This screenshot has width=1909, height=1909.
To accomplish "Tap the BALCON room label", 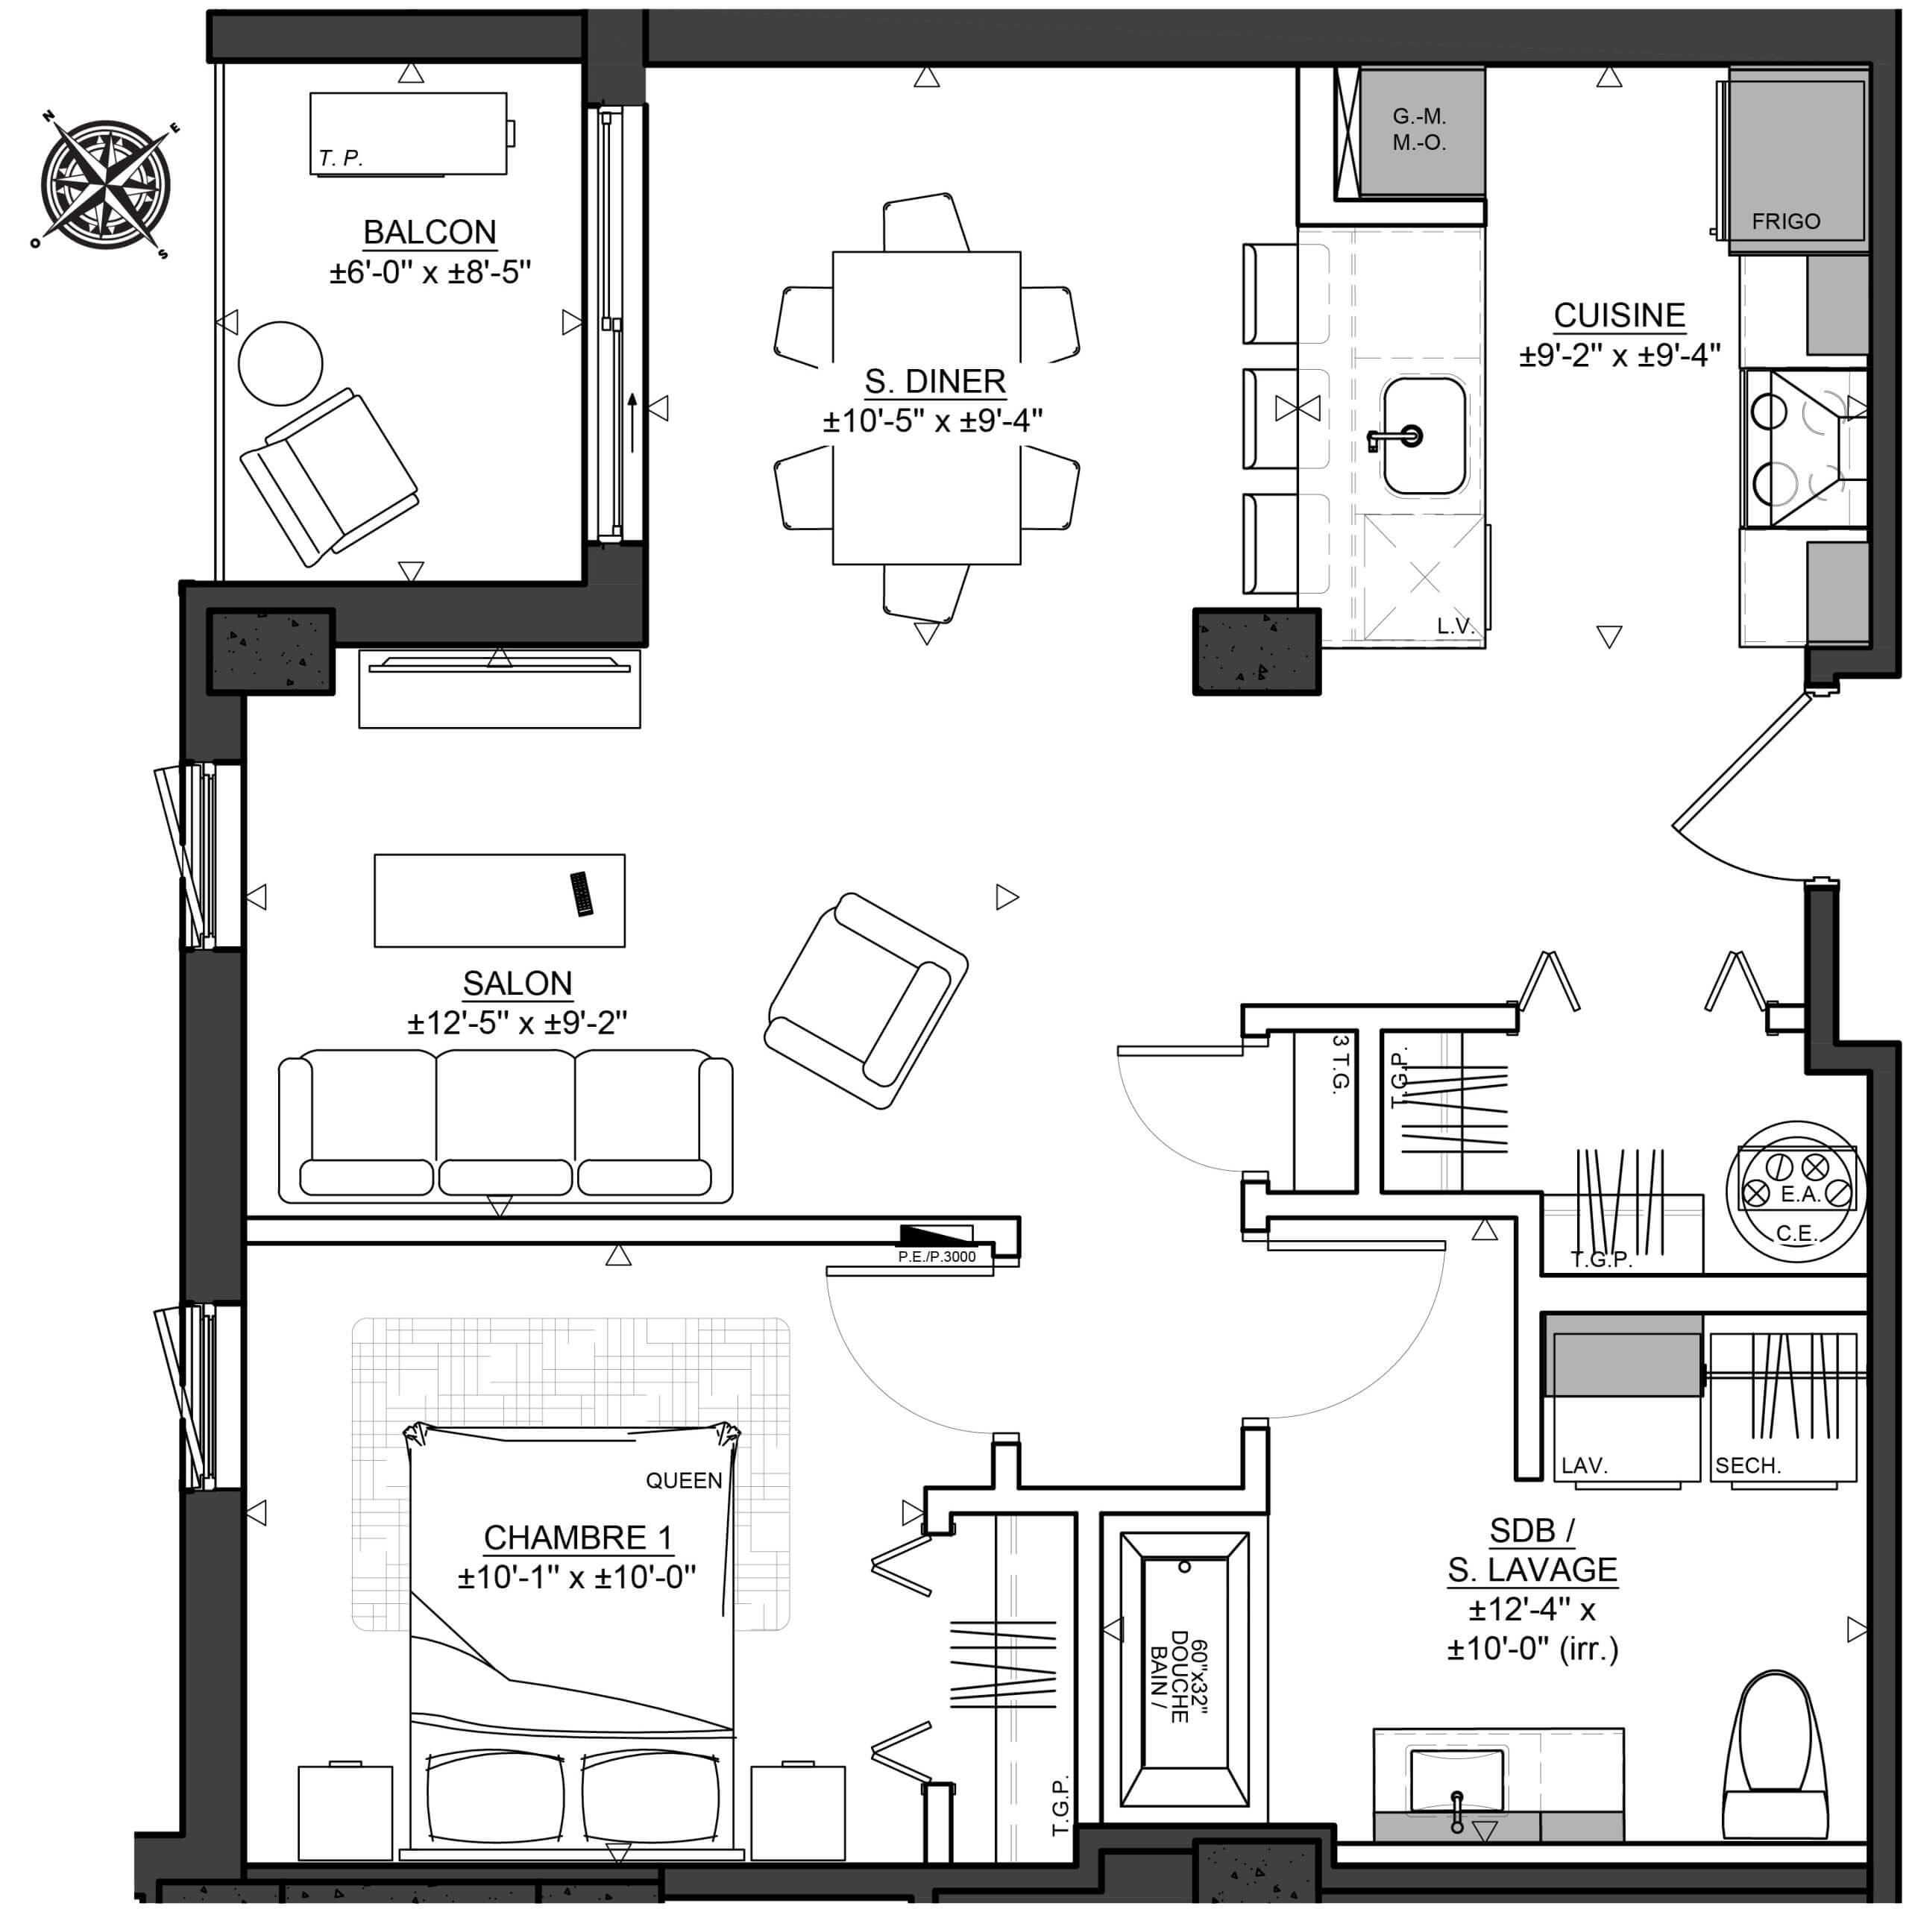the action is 430,232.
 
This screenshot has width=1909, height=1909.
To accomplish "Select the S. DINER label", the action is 934,381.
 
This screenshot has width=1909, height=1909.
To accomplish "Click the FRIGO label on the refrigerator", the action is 1785,221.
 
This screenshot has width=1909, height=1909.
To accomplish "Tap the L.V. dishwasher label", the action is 1454,626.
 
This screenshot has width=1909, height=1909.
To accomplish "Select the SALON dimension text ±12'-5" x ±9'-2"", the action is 517,1022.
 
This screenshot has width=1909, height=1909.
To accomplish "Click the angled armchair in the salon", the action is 867,1000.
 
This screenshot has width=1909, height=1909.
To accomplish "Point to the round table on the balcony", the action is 280,364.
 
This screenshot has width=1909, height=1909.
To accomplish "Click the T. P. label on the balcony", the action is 341,158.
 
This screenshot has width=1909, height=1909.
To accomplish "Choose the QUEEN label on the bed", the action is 684,1480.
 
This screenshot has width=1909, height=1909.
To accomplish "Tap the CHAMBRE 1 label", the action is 578,1538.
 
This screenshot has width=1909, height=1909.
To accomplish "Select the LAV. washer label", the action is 1585,1465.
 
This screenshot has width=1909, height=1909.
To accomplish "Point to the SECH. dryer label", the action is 1748,1465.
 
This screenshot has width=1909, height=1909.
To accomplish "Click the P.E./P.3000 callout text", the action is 937,1257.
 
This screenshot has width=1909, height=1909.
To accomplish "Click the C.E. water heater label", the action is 1796,1233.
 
